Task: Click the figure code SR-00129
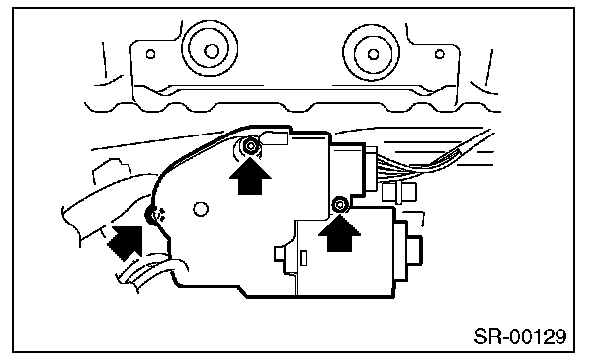520,337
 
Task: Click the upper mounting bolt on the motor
251,146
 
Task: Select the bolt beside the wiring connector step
339,205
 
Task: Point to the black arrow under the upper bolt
250,176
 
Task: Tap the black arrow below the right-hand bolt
340,232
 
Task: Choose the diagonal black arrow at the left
126,242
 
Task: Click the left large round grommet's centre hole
211,51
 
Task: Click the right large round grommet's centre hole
373,54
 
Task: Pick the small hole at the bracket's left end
150,54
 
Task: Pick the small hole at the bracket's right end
440,54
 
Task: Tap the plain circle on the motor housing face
200,209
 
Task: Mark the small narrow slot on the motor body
303,258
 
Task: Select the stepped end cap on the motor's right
408,251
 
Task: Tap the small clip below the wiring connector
399,192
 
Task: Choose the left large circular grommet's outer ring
210,48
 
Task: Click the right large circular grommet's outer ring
371,52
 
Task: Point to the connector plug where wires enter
370,169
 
